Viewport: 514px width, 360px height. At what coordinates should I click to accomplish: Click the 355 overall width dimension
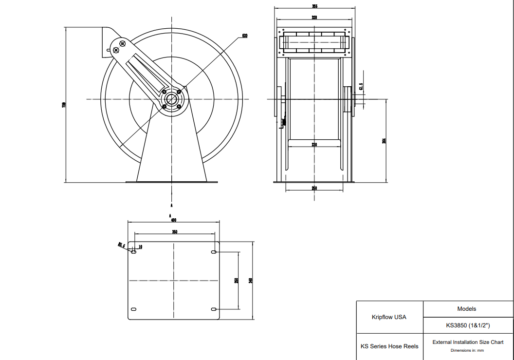[x=315, y=6]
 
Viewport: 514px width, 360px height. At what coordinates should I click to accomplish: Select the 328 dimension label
[x=314, y=17]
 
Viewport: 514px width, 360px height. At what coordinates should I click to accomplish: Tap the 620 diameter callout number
[x=244, y=36]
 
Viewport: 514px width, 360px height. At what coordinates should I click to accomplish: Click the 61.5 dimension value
[x=361, y=87]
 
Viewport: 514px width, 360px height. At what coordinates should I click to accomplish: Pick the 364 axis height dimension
[x=384, y=141]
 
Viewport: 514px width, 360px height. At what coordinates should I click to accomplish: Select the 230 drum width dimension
[x=314, y=145]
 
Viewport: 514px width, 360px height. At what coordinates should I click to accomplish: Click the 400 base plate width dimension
[x=173, y=220]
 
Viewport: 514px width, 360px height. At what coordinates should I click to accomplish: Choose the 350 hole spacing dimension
[x=174, y=231]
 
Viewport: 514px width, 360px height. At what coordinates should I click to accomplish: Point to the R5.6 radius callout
[x=122, y=245]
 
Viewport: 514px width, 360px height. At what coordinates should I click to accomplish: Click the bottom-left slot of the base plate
[x=134, y=309]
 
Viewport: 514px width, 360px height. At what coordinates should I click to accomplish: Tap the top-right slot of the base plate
[x=214, y=252]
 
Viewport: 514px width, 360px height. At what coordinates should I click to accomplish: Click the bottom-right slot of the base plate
[x=214, y=309]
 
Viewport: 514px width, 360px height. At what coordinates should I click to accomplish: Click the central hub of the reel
[x=172, y=99]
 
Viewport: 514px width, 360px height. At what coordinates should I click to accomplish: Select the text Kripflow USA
[x=389, y=317]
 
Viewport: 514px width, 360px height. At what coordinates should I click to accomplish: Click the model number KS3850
[x=467, y=325]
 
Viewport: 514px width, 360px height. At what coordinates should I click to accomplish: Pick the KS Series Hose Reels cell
[x=389, y=346]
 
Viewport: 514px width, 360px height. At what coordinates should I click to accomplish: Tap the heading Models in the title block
[x=467, y=308]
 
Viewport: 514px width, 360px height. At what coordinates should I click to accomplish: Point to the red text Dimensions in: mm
[x=467, y=350]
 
